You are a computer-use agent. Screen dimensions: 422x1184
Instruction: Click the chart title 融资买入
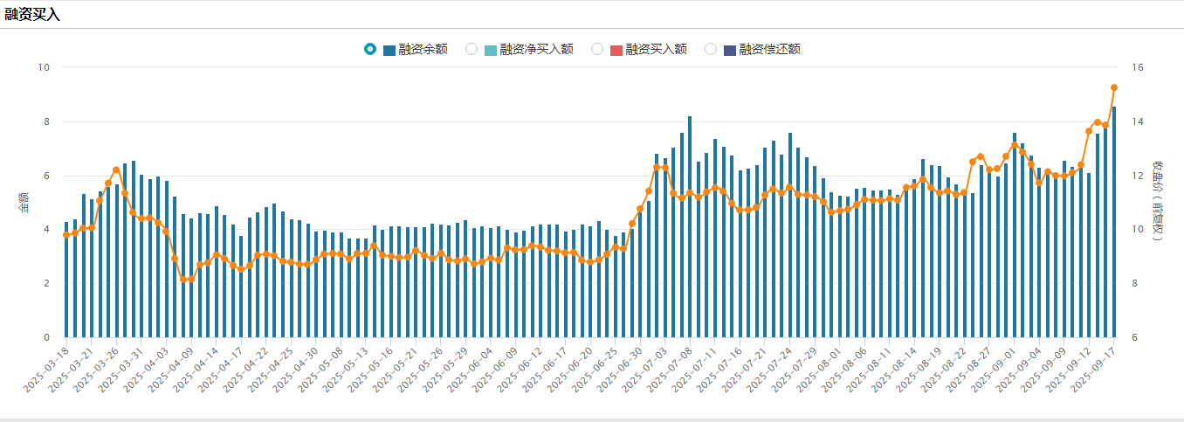[x=32, y=15]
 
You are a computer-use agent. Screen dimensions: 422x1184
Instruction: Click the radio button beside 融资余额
[x=370, y=49]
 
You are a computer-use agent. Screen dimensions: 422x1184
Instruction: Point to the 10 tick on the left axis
[x=44, y=67]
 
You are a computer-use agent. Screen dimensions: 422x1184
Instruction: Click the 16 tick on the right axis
[x=1138, y=67]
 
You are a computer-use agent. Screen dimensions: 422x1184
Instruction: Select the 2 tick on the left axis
[x=46, y=283]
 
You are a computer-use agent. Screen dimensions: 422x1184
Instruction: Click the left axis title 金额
[x=24, y=203]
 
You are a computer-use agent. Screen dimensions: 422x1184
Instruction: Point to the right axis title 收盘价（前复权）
[x=1158, y=203]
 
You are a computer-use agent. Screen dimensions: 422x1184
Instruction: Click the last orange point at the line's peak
[x=1114, y=87]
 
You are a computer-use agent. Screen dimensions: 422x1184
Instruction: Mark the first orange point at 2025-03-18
[x=66, y=235]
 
